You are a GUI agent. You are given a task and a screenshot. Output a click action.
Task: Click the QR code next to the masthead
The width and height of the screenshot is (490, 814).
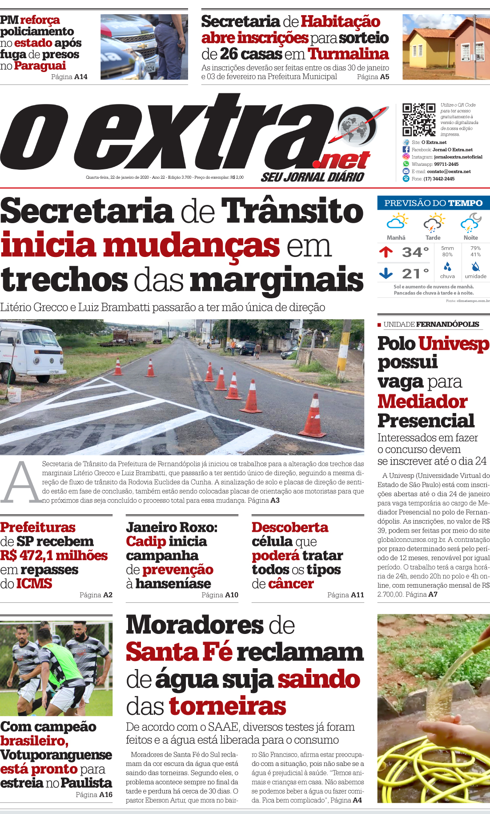pos(418,120)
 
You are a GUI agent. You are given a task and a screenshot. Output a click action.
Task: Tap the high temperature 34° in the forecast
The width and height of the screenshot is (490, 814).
pos(415,252)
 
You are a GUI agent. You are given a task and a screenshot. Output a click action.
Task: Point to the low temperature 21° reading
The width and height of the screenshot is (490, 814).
pos(415,273)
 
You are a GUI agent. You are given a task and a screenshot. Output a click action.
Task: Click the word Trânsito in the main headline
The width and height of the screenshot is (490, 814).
pos(292,211)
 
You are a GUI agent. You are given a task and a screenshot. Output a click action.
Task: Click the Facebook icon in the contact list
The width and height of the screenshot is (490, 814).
pos(406,150)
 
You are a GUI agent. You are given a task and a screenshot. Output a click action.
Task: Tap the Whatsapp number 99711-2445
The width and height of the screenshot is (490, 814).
pos(446,164)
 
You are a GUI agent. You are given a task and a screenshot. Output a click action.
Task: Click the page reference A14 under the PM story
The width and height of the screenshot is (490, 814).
pos(81,77)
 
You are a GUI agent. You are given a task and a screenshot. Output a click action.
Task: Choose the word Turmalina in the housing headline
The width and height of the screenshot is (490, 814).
pos(348,54)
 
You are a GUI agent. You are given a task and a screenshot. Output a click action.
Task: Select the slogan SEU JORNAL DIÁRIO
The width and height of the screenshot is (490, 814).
pos(312,177)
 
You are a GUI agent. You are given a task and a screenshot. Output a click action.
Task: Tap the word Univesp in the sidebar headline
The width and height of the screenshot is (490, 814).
pos(454,344)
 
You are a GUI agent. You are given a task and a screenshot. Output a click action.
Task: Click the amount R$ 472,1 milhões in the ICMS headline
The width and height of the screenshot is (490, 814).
pos(54,556)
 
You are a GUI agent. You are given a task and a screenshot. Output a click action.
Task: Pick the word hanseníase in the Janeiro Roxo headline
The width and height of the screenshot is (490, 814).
pos(173,584)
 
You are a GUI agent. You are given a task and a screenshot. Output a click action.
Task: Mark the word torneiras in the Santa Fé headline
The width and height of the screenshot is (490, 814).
pos(227,706)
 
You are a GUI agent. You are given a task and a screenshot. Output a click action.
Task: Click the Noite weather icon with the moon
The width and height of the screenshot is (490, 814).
pos(470,222)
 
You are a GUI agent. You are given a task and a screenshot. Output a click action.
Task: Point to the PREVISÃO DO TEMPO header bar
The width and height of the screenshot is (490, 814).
pos(433,203)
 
